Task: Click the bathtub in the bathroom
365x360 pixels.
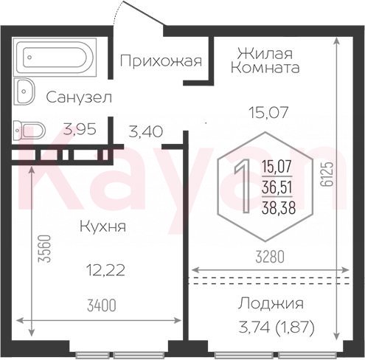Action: coord(55,57)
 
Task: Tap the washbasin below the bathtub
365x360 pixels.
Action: coord(25,91)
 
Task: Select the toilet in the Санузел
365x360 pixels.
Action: coord(29,130)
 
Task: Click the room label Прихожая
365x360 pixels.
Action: coord(161,61)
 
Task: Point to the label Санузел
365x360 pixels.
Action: coord(79,97)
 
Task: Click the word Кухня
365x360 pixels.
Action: coord(102,226)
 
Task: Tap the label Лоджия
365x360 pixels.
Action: coord(271,304)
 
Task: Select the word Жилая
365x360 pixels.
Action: coord(265,53)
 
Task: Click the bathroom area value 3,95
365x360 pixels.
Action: coord(80,130)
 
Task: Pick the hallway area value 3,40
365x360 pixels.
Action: coord(146,131)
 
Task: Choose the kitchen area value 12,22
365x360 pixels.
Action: coord(106,271)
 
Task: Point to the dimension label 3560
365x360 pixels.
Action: coord(45,249)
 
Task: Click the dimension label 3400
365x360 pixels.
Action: coord(102,306)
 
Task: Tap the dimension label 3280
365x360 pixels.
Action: coord(270,257)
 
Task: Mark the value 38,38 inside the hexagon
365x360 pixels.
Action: coord(279,208)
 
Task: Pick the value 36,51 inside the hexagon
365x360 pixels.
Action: coord(277,187)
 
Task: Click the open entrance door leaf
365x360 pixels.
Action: coord(144,13)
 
